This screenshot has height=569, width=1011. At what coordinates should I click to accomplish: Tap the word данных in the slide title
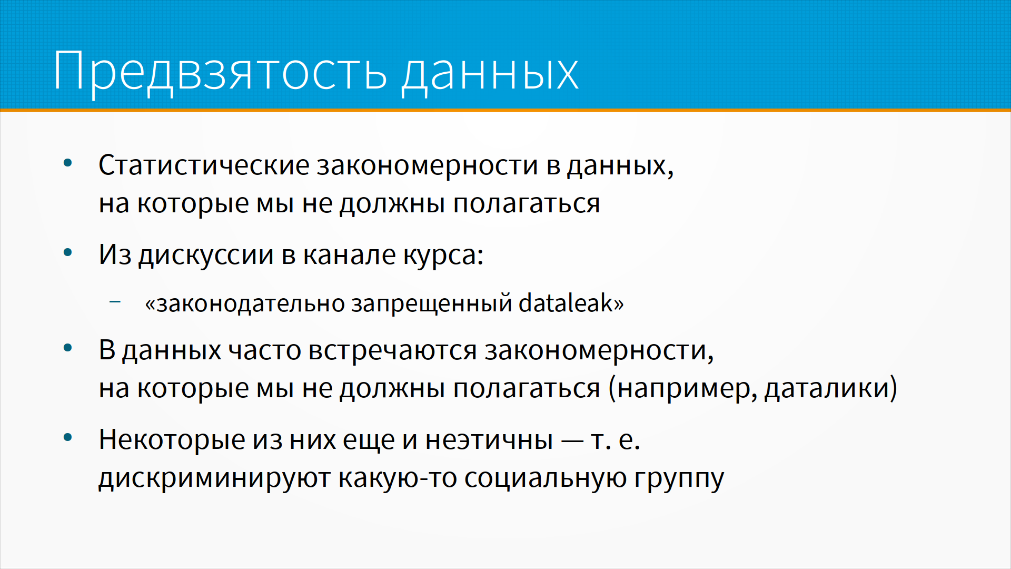[490, 73]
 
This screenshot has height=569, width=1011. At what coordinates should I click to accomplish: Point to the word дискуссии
[206, 256]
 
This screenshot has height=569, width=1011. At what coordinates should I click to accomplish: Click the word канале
[349, 255]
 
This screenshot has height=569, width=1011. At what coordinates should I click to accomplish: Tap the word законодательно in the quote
[251, 303]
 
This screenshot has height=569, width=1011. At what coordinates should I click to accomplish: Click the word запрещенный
[432, 304]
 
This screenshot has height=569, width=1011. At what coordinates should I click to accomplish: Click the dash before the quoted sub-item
[115, 302]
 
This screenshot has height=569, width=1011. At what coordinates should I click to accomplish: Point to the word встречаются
[392, 351]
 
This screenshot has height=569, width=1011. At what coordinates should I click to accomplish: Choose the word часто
[264, 351]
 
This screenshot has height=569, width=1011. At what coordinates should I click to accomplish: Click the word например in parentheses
[686, 389]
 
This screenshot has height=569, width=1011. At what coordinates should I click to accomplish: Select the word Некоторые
[172, 439]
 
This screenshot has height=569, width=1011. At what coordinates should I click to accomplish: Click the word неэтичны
[489, 440]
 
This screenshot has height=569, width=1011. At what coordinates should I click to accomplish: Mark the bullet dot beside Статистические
[67, 163]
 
